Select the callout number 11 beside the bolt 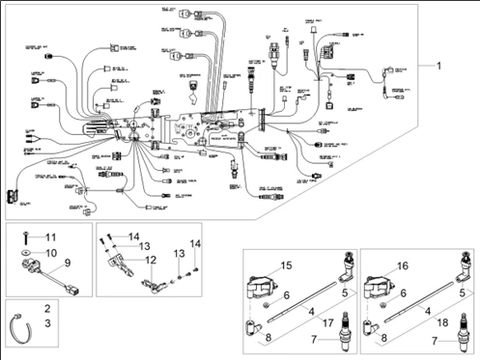tap(52, 236)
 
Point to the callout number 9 tap(68, 263)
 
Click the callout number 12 tap(150, 260)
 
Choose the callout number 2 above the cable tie tap(46, 306)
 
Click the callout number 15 tap(286, 264)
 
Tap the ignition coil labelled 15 tap(261, 286)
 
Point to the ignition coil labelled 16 tap(380, 286)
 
